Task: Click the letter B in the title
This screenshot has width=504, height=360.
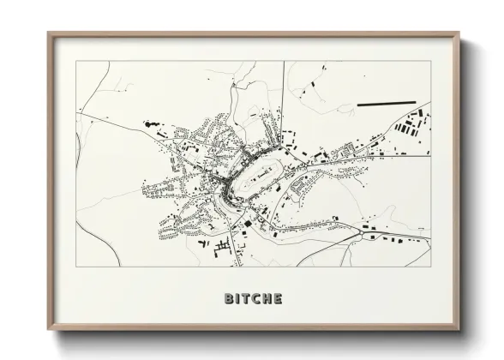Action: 229,299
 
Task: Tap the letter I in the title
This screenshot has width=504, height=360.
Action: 238,299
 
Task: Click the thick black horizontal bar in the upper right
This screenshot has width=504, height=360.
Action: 385,104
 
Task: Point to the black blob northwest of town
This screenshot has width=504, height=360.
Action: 153,125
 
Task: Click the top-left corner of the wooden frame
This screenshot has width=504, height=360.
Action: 49,33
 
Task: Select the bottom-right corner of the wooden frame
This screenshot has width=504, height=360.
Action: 460,331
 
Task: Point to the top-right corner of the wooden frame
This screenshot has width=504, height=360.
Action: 460,33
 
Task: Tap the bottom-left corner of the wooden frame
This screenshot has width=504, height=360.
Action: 49,331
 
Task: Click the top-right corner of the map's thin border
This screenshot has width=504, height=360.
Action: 430,61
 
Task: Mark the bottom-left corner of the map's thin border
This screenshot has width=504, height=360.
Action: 76,267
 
